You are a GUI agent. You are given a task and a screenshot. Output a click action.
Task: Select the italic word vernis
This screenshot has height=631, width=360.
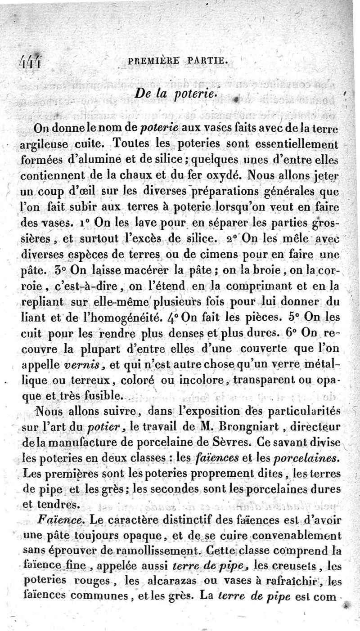click(87, 365)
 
